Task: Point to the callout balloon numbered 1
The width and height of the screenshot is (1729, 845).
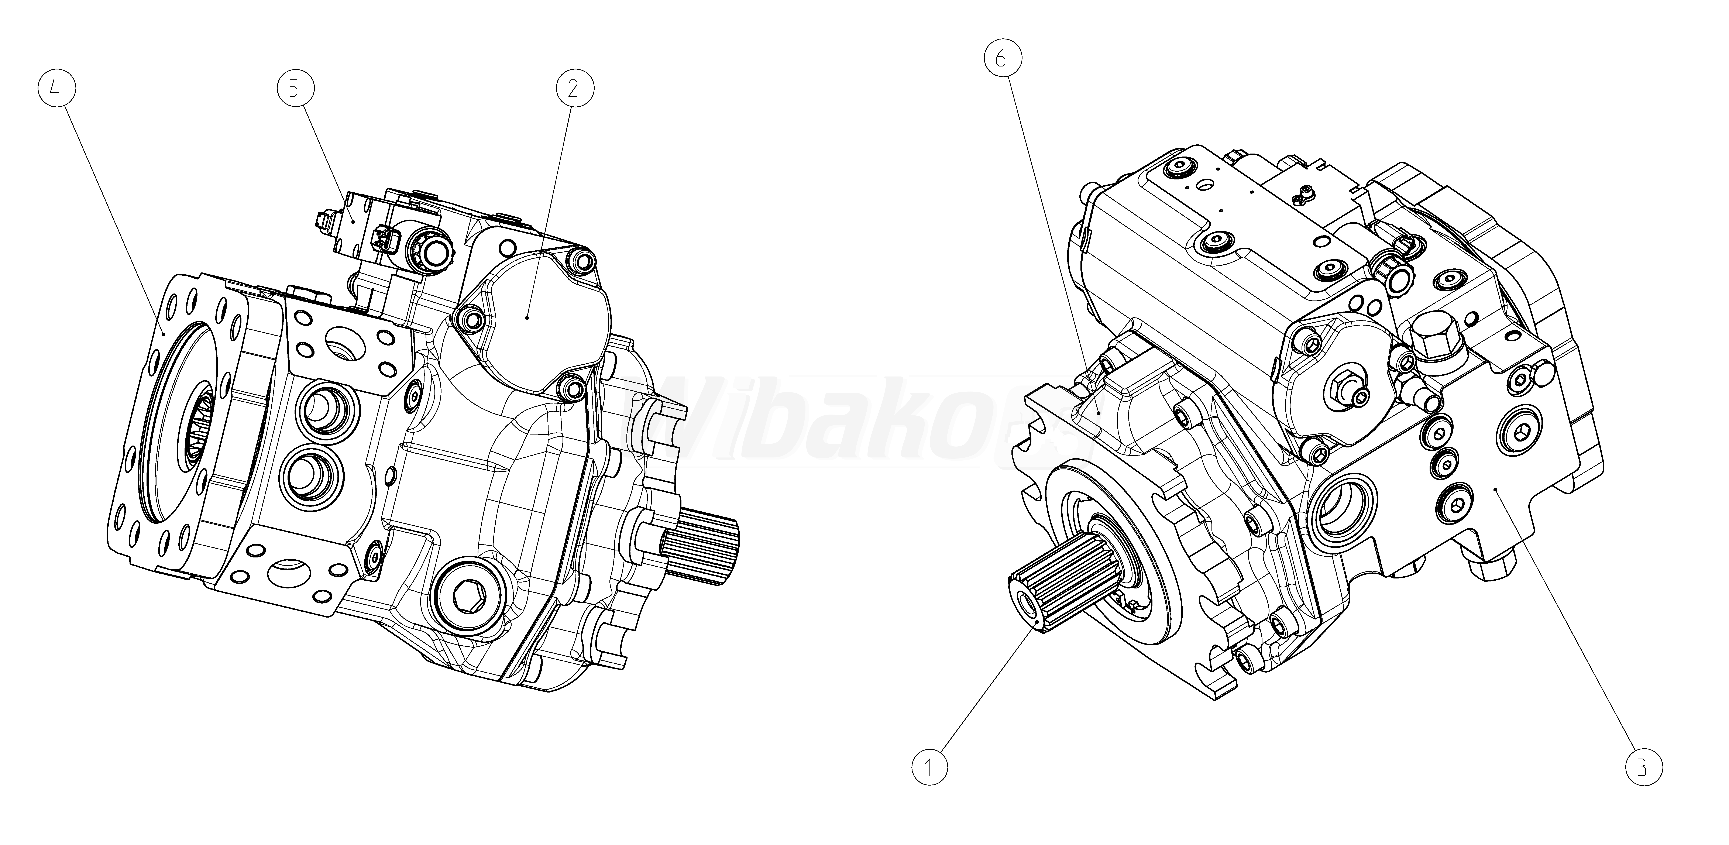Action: pos(930,768)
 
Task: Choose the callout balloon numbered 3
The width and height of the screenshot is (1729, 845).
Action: pos(1642,768)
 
